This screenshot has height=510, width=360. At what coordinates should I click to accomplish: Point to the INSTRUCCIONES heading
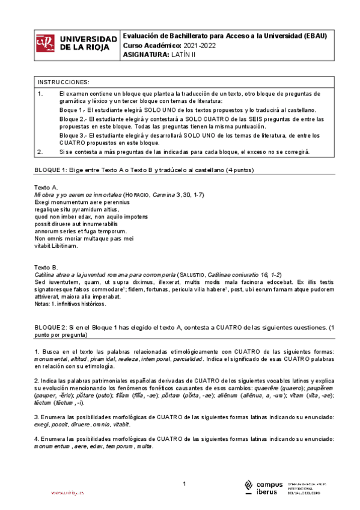click(63, 82)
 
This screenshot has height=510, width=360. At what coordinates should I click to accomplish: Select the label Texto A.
click(46, 188)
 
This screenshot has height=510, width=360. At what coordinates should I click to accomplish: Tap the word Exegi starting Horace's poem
click(43, 203)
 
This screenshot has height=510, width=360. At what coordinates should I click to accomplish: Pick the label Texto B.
click(46, 267)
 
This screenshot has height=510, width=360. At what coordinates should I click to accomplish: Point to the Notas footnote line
click(70, 304)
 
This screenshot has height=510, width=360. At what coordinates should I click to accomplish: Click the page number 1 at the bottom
click(185, 484)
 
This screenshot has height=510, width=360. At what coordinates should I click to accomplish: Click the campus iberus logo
click(263, 488)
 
